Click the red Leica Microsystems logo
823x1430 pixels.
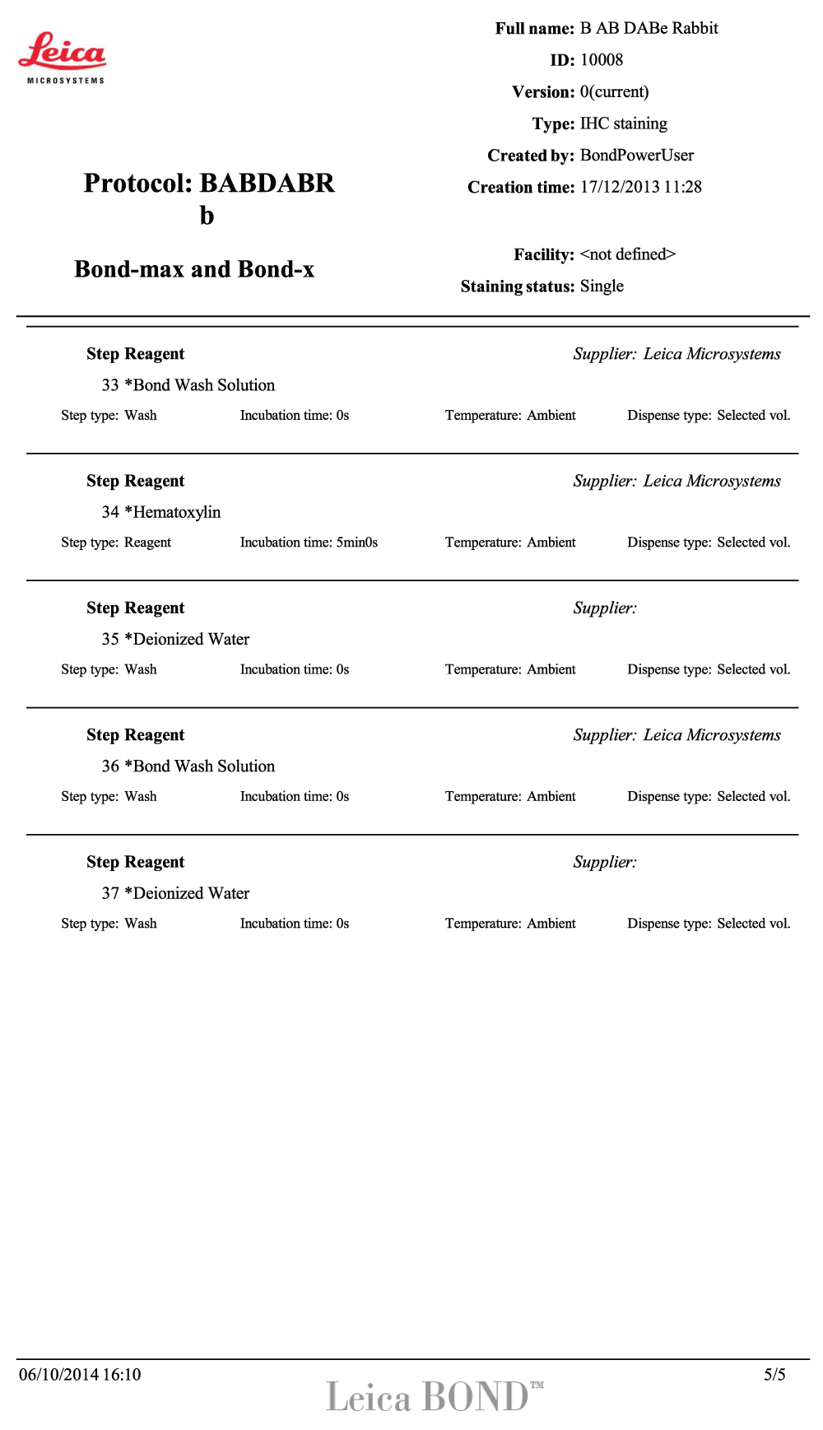point(63,57)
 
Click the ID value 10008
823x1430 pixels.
point(602,60)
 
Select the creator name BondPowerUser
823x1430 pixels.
point(636,156)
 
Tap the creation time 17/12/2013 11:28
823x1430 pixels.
point(640,187)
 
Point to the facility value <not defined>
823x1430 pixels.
point(627,254)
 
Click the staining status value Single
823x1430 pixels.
point(602,286)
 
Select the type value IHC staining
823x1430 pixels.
point(623,123)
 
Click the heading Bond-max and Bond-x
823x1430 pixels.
point(194,269)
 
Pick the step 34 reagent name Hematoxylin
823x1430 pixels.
point(177,512)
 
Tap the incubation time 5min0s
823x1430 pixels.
point(356,543)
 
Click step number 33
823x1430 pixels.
point(110,385)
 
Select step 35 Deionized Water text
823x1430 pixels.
point(191,640)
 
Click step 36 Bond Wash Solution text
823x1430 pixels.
point(204,766)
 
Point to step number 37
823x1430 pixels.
point(110,893)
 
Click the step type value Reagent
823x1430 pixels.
point(147,543)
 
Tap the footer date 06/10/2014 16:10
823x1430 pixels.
point(80,1375)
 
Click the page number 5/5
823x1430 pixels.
point(774,1375)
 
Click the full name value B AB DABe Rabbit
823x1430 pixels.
point(649,29)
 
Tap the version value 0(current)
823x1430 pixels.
point(614,92)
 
